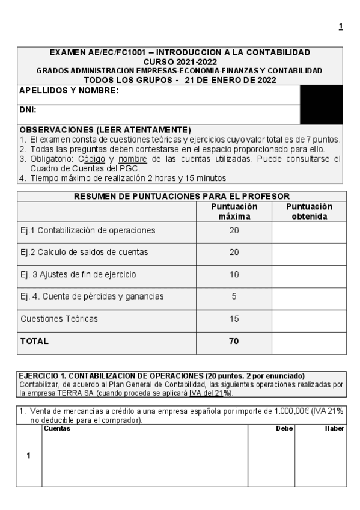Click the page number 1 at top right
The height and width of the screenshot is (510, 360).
pyautogui.click(x=341, y=26)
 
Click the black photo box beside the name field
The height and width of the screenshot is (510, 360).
pyautogui.click(x=321, y=104)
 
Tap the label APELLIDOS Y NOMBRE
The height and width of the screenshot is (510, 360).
pyautogui.click(x=69, y=91)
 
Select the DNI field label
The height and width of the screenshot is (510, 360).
pyautogui.click(x=28, y=111)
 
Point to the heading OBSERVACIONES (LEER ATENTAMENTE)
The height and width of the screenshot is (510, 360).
pyautogui.click(x=105, y=129)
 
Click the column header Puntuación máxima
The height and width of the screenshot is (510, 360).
pyautogui.click(x=234, y=211)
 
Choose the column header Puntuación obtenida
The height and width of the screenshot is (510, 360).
pyautogui.click(x=310, y=211)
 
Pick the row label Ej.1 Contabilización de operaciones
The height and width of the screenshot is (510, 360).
pyautogui.click(x=88, y=230)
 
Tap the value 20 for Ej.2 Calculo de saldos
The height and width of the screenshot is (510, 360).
pyautogui.click(x=234, y=252)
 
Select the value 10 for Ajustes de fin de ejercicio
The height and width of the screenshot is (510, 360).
pyautogui.click(x=234, y=274)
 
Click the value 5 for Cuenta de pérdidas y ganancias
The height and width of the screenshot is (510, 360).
pyautogui.click(x=234, y=296)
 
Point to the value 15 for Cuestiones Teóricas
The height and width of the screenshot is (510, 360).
pyautogui.click(x=234, y=319)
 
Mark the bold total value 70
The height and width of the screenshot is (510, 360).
pyautogui.click(x=234, y=341)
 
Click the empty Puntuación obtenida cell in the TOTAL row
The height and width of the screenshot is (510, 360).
pyautogui.click(x=310, y=341)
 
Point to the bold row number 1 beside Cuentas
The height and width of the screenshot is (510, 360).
pyautogui.click(x=29, y=455)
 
